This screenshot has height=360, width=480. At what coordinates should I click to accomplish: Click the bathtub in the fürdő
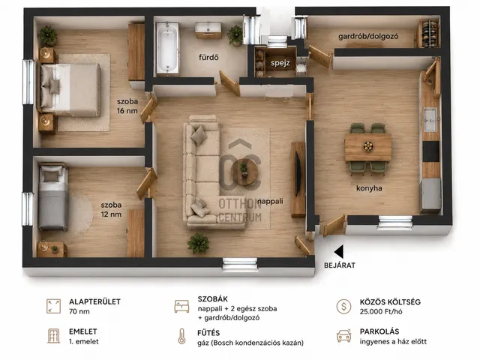pyautogui.click(x=167, y=48)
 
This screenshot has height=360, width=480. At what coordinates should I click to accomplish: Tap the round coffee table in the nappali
pyautogui.click(x=244, y=172)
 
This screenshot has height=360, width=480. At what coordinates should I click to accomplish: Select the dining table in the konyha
pyautogui.click(x=368, y=147)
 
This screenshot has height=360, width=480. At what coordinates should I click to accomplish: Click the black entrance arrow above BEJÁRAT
pyautogui.click(x=338, y=252)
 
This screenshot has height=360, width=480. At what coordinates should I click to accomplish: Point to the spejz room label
pyautogui.click(x=280, y=63)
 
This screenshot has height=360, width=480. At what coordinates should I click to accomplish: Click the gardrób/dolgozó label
pyautogui.click(x=368, y=37)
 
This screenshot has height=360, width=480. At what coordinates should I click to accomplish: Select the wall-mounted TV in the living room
pyautogui.click(x=298, y=173)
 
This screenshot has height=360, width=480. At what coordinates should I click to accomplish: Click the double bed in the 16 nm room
pyautogui.click(x=70, y=90)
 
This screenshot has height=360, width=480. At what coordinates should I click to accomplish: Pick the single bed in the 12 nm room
pyautogui.click(x=53, y=197)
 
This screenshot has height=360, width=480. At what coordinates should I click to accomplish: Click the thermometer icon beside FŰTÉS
pyautogui.click(x=181, y=337)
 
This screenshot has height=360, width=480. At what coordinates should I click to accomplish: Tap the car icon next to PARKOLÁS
pyautogui.click(x=343, y=336)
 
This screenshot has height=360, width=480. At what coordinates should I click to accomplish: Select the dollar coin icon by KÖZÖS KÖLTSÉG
pyautogui.click(x=343, y=306)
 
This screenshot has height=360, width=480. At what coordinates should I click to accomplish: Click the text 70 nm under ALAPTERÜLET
pyautogui.click(x=79, y=312)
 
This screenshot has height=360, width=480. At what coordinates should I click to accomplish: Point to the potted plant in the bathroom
pyautogui.click(x=235, y=35)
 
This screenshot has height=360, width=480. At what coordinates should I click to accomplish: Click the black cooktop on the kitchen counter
pyautogui.click(x=430, y=151)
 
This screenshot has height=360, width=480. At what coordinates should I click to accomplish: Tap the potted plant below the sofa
pyautogui.click(x=198, y=243)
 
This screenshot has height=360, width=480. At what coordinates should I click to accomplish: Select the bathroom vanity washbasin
pyautogui.click(x=208, y=30)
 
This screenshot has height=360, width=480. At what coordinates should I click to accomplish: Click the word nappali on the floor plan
pyautogui.click(x=270, y=201)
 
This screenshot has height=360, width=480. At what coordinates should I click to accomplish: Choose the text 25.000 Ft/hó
pyautogui.click(x=381, y=312)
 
